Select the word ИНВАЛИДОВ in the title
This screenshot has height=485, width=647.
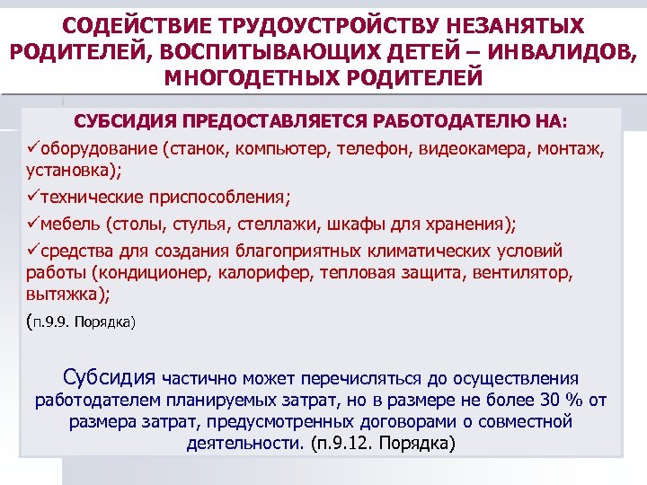pos(556,50)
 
